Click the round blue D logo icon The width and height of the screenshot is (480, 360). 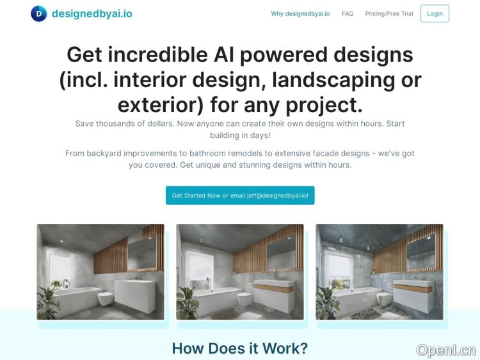(39, 13)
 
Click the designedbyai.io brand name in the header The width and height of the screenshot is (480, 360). (92, 13)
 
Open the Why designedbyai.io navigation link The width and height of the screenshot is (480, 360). (300, 13)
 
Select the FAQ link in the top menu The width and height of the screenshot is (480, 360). (348, 13)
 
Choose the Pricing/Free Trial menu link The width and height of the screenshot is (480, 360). (389, 13)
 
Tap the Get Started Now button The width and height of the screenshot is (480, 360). (240, 195)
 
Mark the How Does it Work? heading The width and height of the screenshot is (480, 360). (240, 348)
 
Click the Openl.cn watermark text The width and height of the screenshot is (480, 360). (446, 350)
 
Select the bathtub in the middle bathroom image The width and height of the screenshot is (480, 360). (214, 300)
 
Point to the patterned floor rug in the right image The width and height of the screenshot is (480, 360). (365, 314)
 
